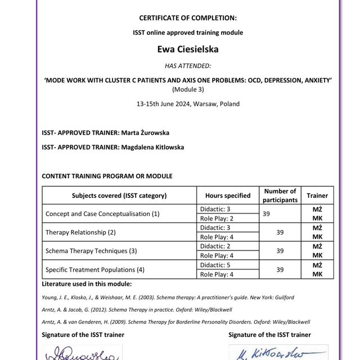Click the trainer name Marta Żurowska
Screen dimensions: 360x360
pos(145,133)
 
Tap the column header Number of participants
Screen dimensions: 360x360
pos(280,195)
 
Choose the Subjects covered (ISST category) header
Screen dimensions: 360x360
pos(119,196)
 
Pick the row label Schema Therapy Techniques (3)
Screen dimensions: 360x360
pos(91,250)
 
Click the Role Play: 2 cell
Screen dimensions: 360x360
pos(216,218)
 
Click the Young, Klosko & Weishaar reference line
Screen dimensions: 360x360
pos(168,297)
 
